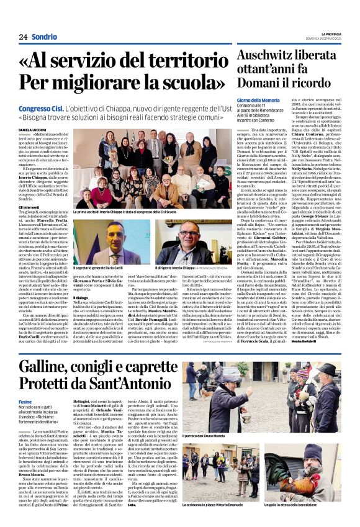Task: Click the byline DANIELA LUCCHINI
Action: coord(32,129)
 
